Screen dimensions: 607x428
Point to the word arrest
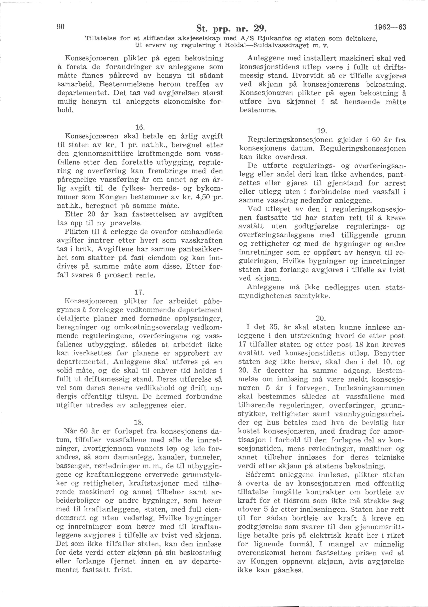tap(392, 183)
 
